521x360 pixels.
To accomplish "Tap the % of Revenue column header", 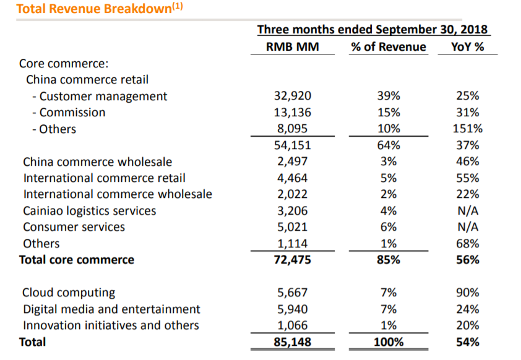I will pyautogui.click(x=388, y=47).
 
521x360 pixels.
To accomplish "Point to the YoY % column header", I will pyautogui.click(x=467, y=47).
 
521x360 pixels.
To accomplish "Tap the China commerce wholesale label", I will pyautogui.click(x=97, y=162).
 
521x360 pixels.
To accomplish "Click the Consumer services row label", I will pyautogui.click(x=74, y=227).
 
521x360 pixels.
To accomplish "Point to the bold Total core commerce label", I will pyautogui.click(x=77, y=260).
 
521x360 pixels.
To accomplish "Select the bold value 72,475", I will pyautogui.click(x=292, y=260).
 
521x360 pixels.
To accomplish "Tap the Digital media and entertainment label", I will pyautogui.click(x=111, y=309).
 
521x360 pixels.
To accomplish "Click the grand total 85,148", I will pyautogui.click(x=292, y=341).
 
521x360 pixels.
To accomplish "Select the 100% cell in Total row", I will pyautogui.click(x=388, y=341).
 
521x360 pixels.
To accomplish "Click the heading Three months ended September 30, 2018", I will pyautogui.click(x=372, y=29).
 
